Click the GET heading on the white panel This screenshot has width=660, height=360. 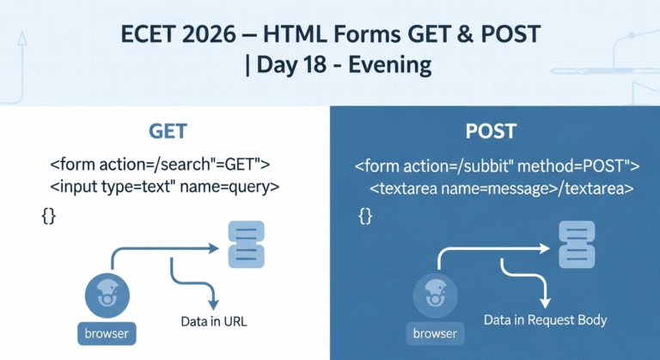click(168, 131)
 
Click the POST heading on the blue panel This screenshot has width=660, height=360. click(491, 131)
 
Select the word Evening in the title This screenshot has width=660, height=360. click(390, 64)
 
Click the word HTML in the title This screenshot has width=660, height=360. click(295, 34)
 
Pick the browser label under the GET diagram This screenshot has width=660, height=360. click(107, 333)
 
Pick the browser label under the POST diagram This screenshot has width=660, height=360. click(435, 333)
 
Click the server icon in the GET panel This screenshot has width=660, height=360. click(247, 245)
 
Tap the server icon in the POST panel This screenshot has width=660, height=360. click(577, 245)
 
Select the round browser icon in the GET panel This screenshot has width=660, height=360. click(107, 296)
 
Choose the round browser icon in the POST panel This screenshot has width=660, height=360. click(435, 296)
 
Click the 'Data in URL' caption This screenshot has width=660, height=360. click(214, 321)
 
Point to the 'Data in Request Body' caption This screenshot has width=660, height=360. click(545, 320)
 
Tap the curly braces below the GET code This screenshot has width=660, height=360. click(49, 216)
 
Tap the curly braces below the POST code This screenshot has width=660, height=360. click(365, 216)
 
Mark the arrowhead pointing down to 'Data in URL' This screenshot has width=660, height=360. click(214, 304)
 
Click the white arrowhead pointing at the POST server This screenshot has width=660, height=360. click(545, 248)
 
